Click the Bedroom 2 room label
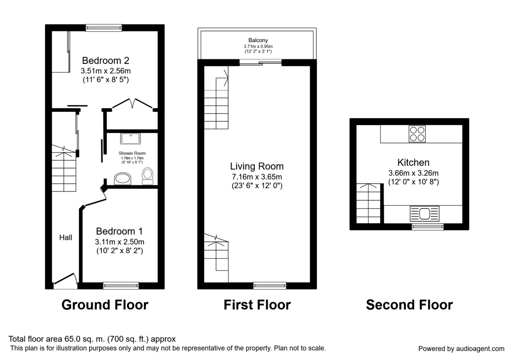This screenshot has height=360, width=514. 105,60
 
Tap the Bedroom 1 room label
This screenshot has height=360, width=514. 120,231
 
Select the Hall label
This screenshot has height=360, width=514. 66,237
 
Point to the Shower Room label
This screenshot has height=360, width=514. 132,153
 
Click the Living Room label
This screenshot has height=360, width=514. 257,166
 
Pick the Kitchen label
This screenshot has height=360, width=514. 413,162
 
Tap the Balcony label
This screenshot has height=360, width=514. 258,40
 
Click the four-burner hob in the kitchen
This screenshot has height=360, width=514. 417,134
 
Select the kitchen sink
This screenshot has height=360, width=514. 424,214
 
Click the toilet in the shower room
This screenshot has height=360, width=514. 147,176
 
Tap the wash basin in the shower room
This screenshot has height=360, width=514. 123,179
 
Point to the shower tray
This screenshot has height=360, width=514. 130,139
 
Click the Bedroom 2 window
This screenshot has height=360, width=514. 104,28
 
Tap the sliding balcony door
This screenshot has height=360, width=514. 260,63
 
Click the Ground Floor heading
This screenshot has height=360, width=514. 105,305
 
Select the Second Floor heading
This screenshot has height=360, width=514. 409,305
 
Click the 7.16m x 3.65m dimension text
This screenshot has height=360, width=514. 257,177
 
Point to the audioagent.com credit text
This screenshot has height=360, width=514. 461,349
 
